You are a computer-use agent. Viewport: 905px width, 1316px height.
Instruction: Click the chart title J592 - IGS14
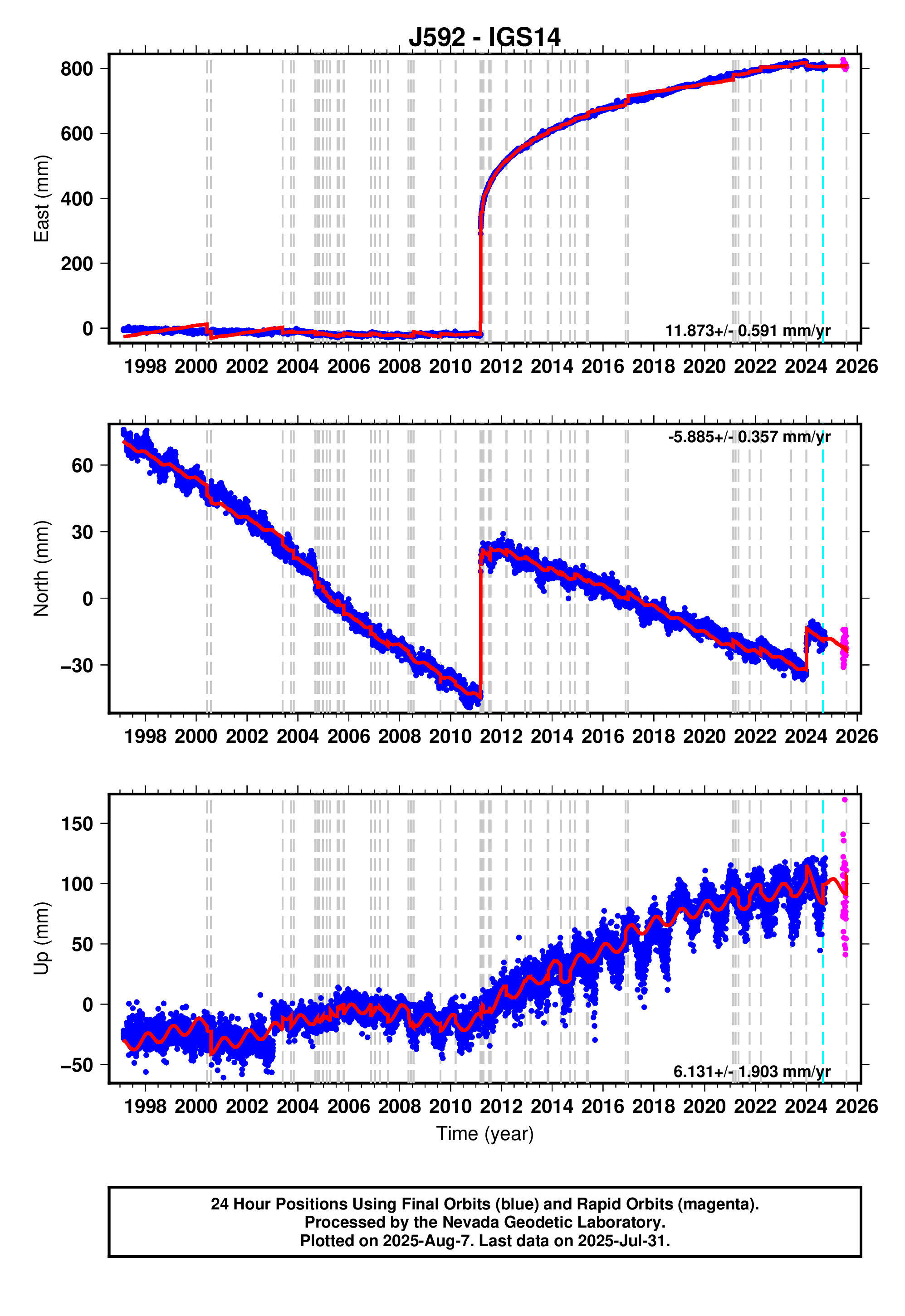click(x=484, y=37)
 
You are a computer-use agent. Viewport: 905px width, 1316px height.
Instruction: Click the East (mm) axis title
click(x=41, y=198)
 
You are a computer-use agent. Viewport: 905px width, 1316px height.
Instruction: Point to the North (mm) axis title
click(x=41, y=569)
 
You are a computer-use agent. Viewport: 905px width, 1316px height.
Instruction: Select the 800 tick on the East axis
click(x=77, y=68)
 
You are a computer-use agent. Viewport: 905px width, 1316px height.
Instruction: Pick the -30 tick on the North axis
click(x=77, y=665)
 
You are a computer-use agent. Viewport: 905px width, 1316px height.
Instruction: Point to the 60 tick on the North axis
click(x=82, y=465)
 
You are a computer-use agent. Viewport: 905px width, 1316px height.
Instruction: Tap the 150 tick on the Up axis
click(x=77, y=824)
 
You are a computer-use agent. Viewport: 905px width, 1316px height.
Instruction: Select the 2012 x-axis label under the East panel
click(x=501, y=366)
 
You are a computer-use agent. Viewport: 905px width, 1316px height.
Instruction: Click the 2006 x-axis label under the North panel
click(x=348, y=736)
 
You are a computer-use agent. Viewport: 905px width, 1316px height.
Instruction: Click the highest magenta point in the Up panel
click(x=844, y=799)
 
